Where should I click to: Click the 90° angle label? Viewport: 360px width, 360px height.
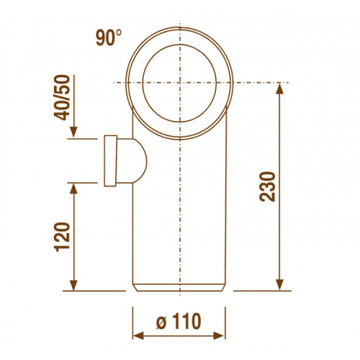[x=109, y=37]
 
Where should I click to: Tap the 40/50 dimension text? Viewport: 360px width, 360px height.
[x=62, y=98]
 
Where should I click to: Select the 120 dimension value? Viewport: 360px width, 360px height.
[x=62, y=237]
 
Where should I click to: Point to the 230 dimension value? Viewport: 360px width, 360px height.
[x=267, y=186]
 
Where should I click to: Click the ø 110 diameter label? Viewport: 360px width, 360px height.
[x=179, y=321]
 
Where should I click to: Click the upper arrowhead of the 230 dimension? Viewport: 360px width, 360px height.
[x=280, y=89]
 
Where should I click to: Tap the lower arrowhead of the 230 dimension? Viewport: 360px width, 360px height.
[x=280, y=285]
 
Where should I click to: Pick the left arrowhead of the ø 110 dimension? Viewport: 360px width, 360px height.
[x=138, y=336]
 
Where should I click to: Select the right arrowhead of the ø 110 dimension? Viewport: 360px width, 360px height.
[x=219, y=336]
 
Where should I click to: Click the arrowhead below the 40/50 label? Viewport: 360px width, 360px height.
[x=74, y=132]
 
